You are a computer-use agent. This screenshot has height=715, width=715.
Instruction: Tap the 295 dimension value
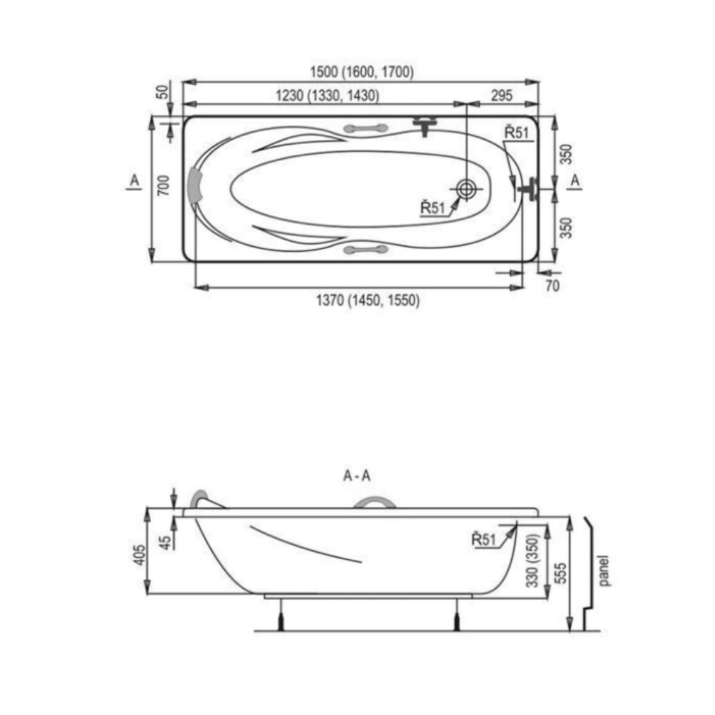tap(502, 95)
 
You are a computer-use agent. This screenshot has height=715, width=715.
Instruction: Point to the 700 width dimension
tap(163, 185)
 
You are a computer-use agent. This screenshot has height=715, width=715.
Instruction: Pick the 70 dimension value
tap(552, 286)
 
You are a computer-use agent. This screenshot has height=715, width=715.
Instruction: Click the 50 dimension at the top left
tap(163, 92)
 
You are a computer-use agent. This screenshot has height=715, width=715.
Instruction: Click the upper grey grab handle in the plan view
tap(365, 129)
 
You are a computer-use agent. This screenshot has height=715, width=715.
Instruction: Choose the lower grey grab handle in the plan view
tap(365, 250)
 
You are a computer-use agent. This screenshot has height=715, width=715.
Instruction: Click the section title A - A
tap(357, 476)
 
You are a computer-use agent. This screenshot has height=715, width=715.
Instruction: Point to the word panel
tap(603, 571)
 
